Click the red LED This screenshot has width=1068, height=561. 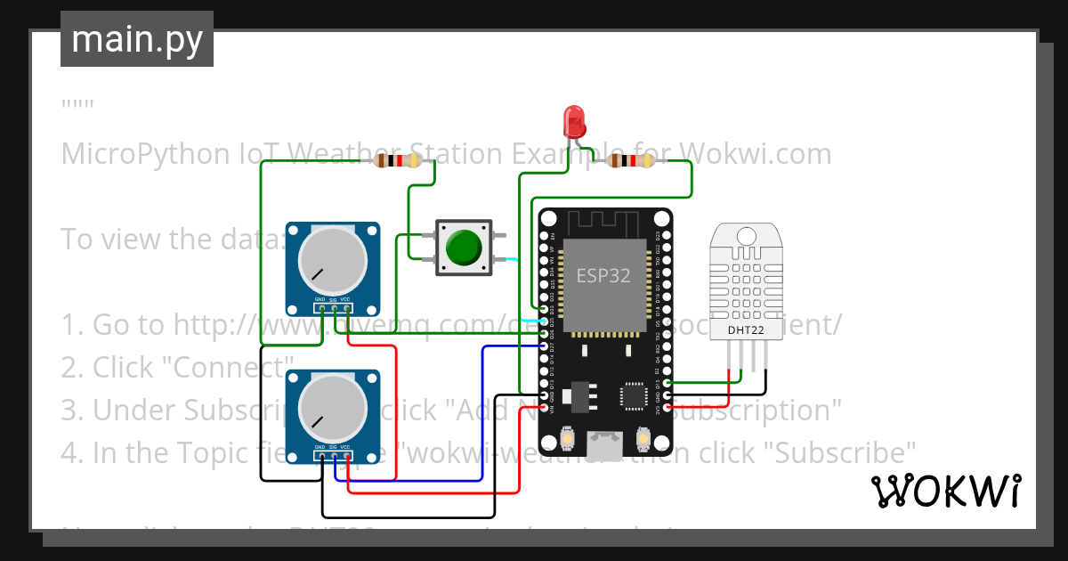pos(573,120)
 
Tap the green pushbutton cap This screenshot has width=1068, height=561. pos(464,248)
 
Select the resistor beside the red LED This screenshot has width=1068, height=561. pos(629,161)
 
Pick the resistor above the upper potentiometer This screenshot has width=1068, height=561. pos(397,161)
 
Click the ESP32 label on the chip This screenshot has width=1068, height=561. pos(603,276)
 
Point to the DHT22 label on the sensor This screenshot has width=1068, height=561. pos(746,329)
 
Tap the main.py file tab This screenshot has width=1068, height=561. pos(136,39)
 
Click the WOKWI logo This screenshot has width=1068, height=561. pos(945,491)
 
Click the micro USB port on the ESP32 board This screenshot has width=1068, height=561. pos(605,443)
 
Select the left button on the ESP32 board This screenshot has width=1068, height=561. pos(567,439)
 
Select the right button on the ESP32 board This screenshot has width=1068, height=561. pos(643,439)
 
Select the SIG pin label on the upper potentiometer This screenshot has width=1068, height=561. pos(333,299)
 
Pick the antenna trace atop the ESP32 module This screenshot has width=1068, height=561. pos(604,222)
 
